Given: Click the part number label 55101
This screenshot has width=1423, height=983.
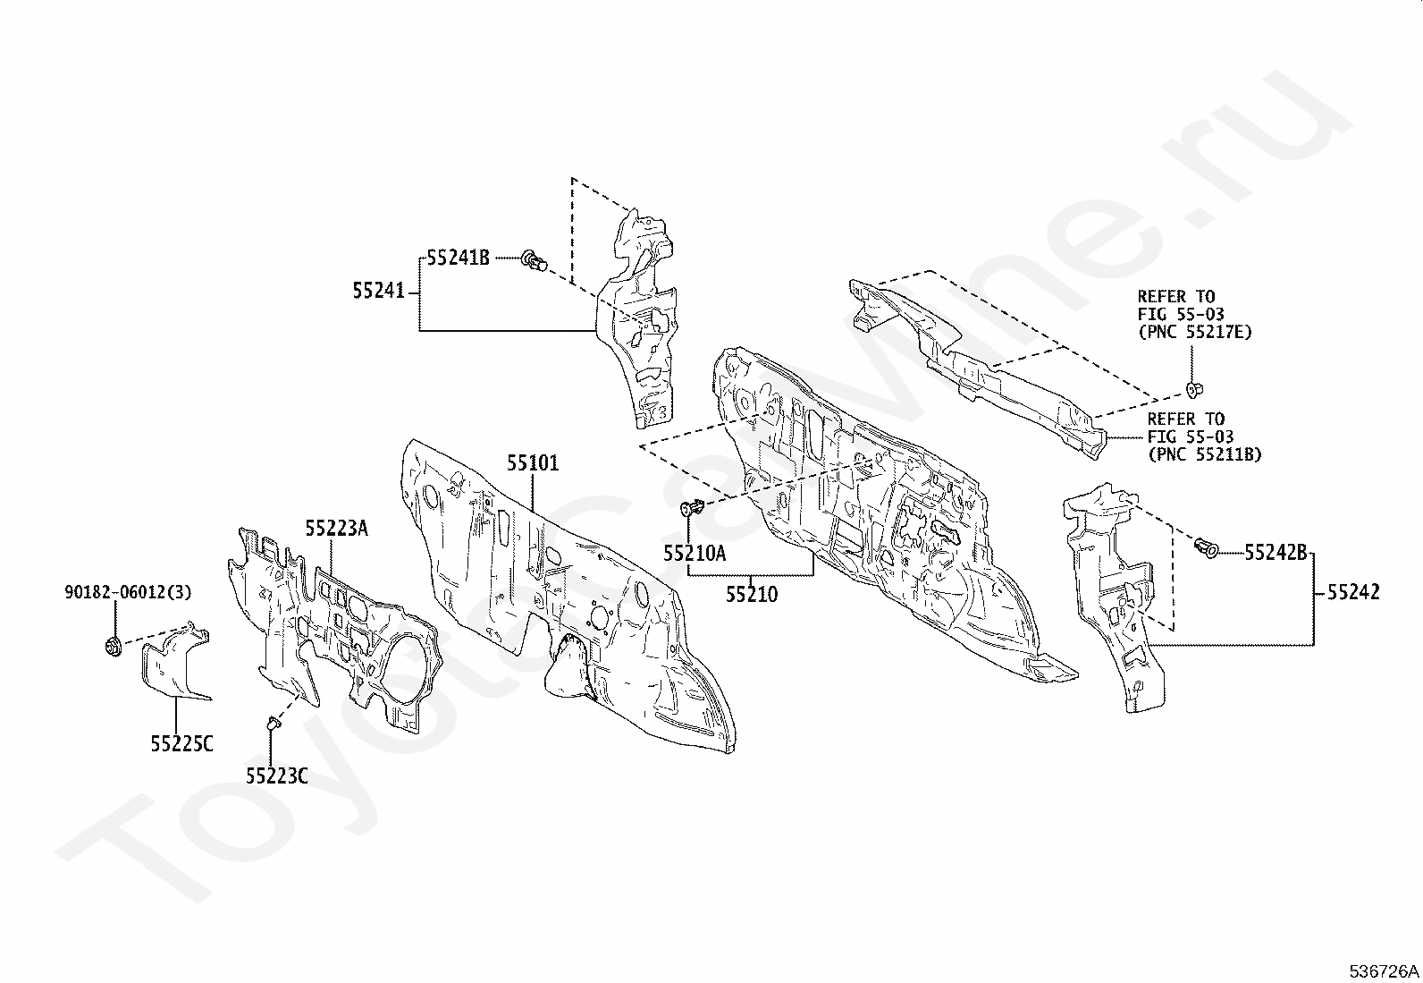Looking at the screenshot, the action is coord(533,463).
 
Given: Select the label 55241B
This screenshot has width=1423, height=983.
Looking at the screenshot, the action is coord(458,258).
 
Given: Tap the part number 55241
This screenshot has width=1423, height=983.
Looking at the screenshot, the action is coord(379,291).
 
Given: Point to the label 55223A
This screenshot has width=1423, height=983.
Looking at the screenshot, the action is coord(337,528).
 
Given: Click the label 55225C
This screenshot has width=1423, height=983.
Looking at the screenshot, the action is coord(181,743).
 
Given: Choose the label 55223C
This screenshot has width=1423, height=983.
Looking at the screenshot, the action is coord(277,775).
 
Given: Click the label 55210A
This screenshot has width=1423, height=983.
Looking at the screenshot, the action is coord(695,553).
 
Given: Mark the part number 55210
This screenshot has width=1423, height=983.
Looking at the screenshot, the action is coord(752,595).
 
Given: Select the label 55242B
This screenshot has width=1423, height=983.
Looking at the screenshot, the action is coord(1276,553).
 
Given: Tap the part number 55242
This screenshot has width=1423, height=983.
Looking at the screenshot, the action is coord(1354,592).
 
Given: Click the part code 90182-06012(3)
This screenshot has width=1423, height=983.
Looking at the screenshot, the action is coord(128,592).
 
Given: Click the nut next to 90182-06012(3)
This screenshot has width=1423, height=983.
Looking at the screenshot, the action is coord(114,647).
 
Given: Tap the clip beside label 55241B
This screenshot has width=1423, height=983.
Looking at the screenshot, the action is coord(535,259).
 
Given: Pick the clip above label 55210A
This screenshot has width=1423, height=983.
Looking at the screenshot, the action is coord(692,507).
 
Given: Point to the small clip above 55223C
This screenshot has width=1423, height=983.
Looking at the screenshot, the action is coord(273,723).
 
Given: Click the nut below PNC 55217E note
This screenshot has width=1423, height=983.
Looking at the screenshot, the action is coord(1192,388).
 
